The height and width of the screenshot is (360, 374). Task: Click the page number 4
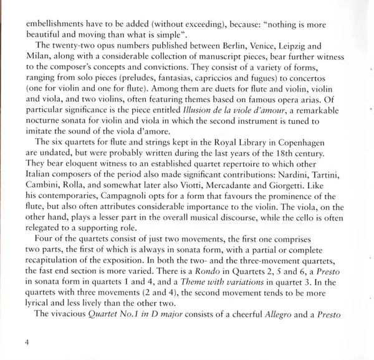tap(27, 343)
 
